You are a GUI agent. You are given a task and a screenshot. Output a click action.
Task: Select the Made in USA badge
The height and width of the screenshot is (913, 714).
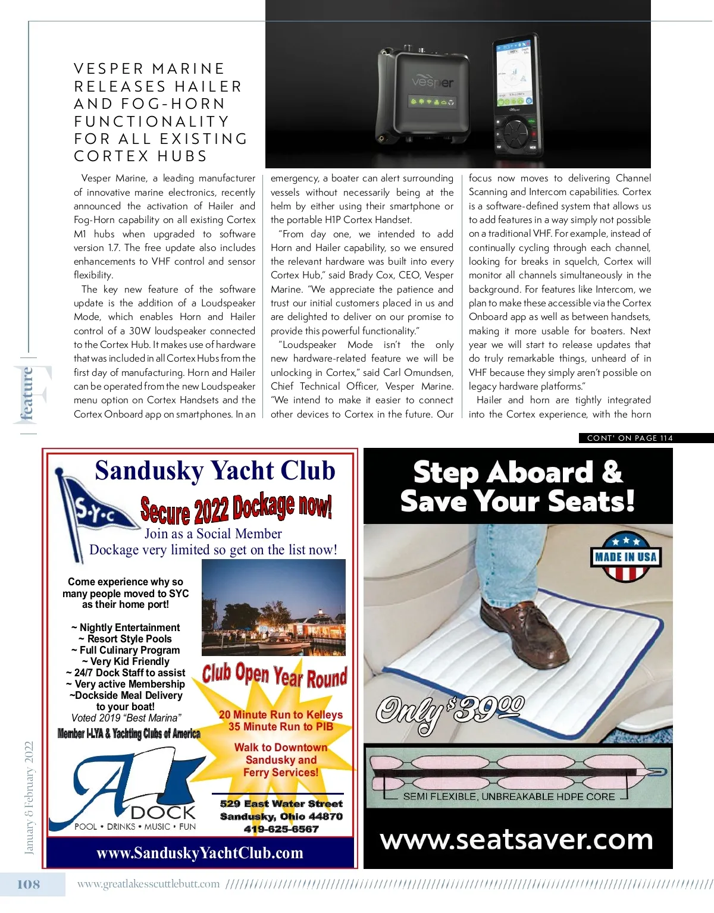coord(625,557)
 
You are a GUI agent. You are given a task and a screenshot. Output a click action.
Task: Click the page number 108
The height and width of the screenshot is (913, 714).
coord(29,884)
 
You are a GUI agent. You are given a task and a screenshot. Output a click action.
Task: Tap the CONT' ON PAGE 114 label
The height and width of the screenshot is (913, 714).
coord(630,438)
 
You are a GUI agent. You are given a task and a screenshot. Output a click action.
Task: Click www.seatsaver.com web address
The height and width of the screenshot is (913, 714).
coord(516,839)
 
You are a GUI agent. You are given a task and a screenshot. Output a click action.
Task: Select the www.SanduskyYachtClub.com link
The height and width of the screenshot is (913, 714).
coord(200,853)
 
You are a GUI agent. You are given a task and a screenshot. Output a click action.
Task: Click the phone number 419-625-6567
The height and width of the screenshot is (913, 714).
coord(281,829)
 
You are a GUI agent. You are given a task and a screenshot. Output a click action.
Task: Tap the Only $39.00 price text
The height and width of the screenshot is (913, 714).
coord(450,711)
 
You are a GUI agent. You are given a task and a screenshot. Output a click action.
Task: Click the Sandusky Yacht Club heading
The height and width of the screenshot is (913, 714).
coord(215,470)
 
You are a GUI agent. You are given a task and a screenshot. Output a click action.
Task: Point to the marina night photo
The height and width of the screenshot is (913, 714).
coord(274,607)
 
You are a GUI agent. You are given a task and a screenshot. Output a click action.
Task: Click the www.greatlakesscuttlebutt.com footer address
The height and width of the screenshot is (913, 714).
coord(149,884)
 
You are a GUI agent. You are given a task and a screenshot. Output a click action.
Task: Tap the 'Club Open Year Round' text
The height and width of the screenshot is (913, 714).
coord(274,676)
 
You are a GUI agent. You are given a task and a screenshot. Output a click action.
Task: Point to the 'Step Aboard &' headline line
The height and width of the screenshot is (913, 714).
coord(518,473)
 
